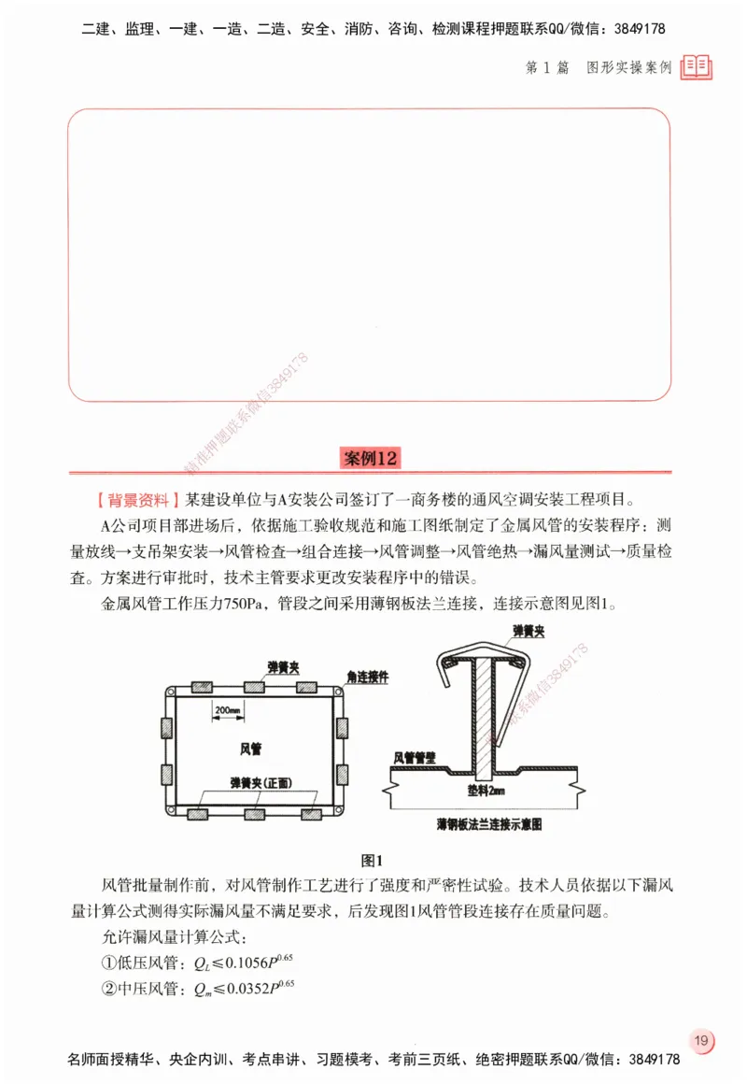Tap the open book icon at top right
(x=697, y=66)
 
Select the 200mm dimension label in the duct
(x=227, y=710)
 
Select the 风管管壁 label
(x=416, y=758)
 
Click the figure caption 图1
(x=373, y=860)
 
